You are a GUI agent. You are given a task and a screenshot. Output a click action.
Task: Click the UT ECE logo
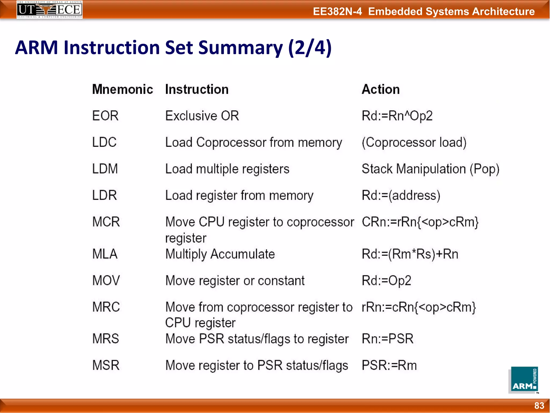(x=49, y=10)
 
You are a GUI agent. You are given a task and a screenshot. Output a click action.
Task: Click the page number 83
(x=539, y=405)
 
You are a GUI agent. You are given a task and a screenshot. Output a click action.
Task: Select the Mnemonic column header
(x=122, y=89)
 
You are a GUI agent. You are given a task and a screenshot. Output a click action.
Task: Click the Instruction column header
(x=197, y=89)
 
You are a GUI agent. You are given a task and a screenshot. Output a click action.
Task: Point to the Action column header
(x=381, y=89)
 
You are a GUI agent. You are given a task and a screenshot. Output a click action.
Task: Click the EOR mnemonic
(x=105, y=116)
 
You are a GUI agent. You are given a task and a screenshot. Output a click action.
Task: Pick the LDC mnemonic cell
(x=104, y=142)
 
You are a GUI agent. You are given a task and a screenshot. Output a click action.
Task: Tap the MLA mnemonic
(x=105, y=254)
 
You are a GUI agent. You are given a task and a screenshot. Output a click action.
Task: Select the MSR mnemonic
(x=106, y=365)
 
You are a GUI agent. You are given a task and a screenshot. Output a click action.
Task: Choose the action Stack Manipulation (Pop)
(x=430, y=169)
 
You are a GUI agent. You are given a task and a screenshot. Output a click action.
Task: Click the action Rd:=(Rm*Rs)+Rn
(x=410, y=254)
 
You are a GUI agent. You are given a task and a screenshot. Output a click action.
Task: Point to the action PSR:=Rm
(x=389, y=365)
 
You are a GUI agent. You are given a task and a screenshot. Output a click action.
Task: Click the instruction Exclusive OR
(x=202, y=116)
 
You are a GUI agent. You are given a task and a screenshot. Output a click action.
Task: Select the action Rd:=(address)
(x=401, y=195)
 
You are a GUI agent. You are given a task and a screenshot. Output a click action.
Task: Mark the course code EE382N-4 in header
(x=337, y=12)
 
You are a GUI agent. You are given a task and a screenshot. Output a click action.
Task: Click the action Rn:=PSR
(x=387, y=339)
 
